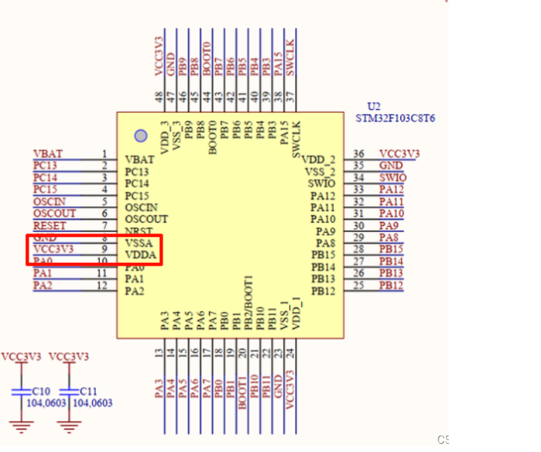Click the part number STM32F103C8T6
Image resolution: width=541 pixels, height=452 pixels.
[395, 118]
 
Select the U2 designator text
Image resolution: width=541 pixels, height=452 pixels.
[374, 107]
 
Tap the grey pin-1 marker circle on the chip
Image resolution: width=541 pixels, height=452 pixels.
[141, 136]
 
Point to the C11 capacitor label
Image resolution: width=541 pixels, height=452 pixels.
[88, 391]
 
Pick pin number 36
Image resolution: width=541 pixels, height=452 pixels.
[358, 154]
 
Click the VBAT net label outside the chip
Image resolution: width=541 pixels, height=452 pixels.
[47, 154]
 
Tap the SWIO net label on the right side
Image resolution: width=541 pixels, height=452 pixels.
[392, 178]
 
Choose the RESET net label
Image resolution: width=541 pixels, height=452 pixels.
[50, 225]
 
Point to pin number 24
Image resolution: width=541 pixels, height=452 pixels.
[290, 352]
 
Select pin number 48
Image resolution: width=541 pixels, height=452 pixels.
[159, 96]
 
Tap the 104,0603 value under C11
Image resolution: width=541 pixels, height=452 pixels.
[92, 404]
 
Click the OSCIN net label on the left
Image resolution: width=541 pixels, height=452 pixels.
[50, 201]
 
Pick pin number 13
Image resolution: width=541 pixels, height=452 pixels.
[159, 352]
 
